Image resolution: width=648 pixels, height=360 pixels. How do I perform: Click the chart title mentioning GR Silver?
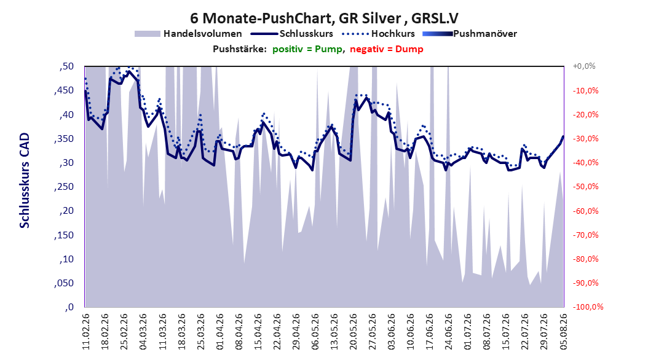coord(324,18)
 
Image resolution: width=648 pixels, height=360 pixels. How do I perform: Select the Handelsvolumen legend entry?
coord(188,34)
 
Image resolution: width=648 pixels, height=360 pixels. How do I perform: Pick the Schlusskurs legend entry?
coord(292,34)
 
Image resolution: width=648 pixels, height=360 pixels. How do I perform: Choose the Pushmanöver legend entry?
coord(470,34)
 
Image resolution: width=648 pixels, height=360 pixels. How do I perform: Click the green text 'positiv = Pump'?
coord(307,49)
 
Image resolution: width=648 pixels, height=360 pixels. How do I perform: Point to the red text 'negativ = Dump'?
coord(387,49)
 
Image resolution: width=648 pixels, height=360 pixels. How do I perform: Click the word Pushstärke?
coord(239,49)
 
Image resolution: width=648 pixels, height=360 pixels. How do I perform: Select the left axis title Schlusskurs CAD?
coord(25,181)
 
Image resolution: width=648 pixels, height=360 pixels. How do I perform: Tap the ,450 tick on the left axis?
coord(64,90)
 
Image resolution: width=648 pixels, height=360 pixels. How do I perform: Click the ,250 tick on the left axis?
coord(64,187)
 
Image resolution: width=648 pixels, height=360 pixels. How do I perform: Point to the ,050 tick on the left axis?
coord(64,283)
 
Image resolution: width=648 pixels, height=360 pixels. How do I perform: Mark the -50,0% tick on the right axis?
coord(585,187)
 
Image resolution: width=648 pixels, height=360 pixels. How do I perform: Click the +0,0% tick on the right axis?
coord(584,66)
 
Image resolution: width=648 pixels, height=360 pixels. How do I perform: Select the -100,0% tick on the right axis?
coord(588,307)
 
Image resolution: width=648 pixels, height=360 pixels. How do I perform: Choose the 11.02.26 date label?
coord(86,332)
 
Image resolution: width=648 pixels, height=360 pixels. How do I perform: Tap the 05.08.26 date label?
coord(564,332)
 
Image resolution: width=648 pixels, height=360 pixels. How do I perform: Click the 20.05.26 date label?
coord(354,332)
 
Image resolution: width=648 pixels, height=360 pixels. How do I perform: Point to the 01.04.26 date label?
coord(220,332)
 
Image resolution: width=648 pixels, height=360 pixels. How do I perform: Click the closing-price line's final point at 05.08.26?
coord(563,136)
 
